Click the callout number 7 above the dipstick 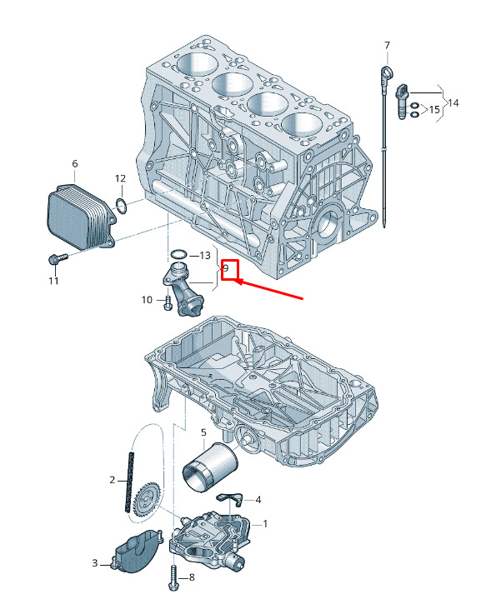[387, 46]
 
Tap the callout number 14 [453, 103]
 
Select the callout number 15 [434, 109]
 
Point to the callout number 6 [75, 163]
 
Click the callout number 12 [120, 178]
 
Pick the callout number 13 [205, 255]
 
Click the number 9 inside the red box [226, 267]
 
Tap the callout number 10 [147, 299]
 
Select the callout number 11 [53, 281]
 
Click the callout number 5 [203, 432]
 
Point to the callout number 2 [113, 480]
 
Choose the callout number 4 [258, 500]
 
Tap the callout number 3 [95, 563]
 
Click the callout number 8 [192, 577]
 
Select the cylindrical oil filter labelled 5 [210, 466]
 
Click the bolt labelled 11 [58, 258]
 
